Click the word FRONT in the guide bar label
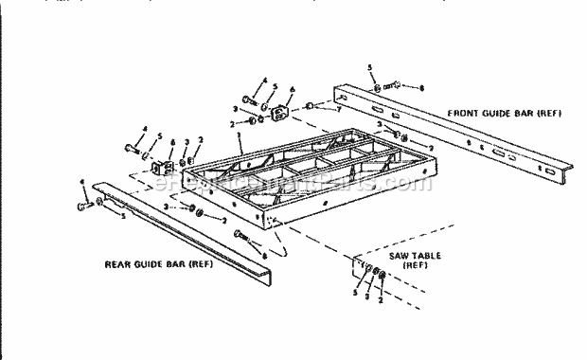click(x=465, y=114)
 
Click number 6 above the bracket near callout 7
click(x=290, y=90)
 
